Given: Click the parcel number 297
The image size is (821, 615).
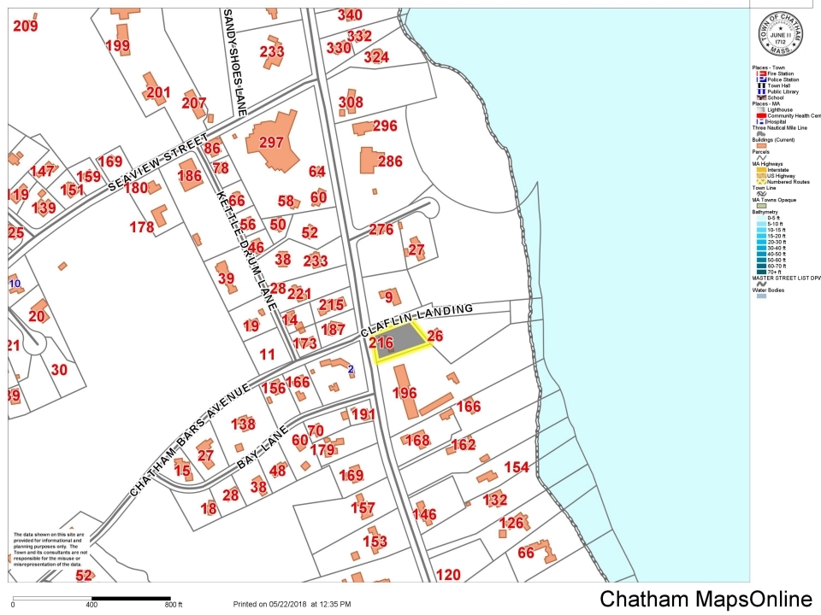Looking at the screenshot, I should coord(271,143).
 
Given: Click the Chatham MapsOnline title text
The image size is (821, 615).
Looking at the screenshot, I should coord(706,599).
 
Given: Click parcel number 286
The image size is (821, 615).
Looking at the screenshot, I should coord(390,161).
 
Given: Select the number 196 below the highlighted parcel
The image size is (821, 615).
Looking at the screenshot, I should coord(405,393).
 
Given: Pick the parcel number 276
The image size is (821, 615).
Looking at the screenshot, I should coord(381,229).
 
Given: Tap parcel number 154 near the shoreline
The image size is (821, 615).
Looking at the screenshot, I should coord(517,467).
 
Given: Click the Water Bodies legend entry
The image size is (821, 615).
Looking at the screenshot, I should coord(768,290).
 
